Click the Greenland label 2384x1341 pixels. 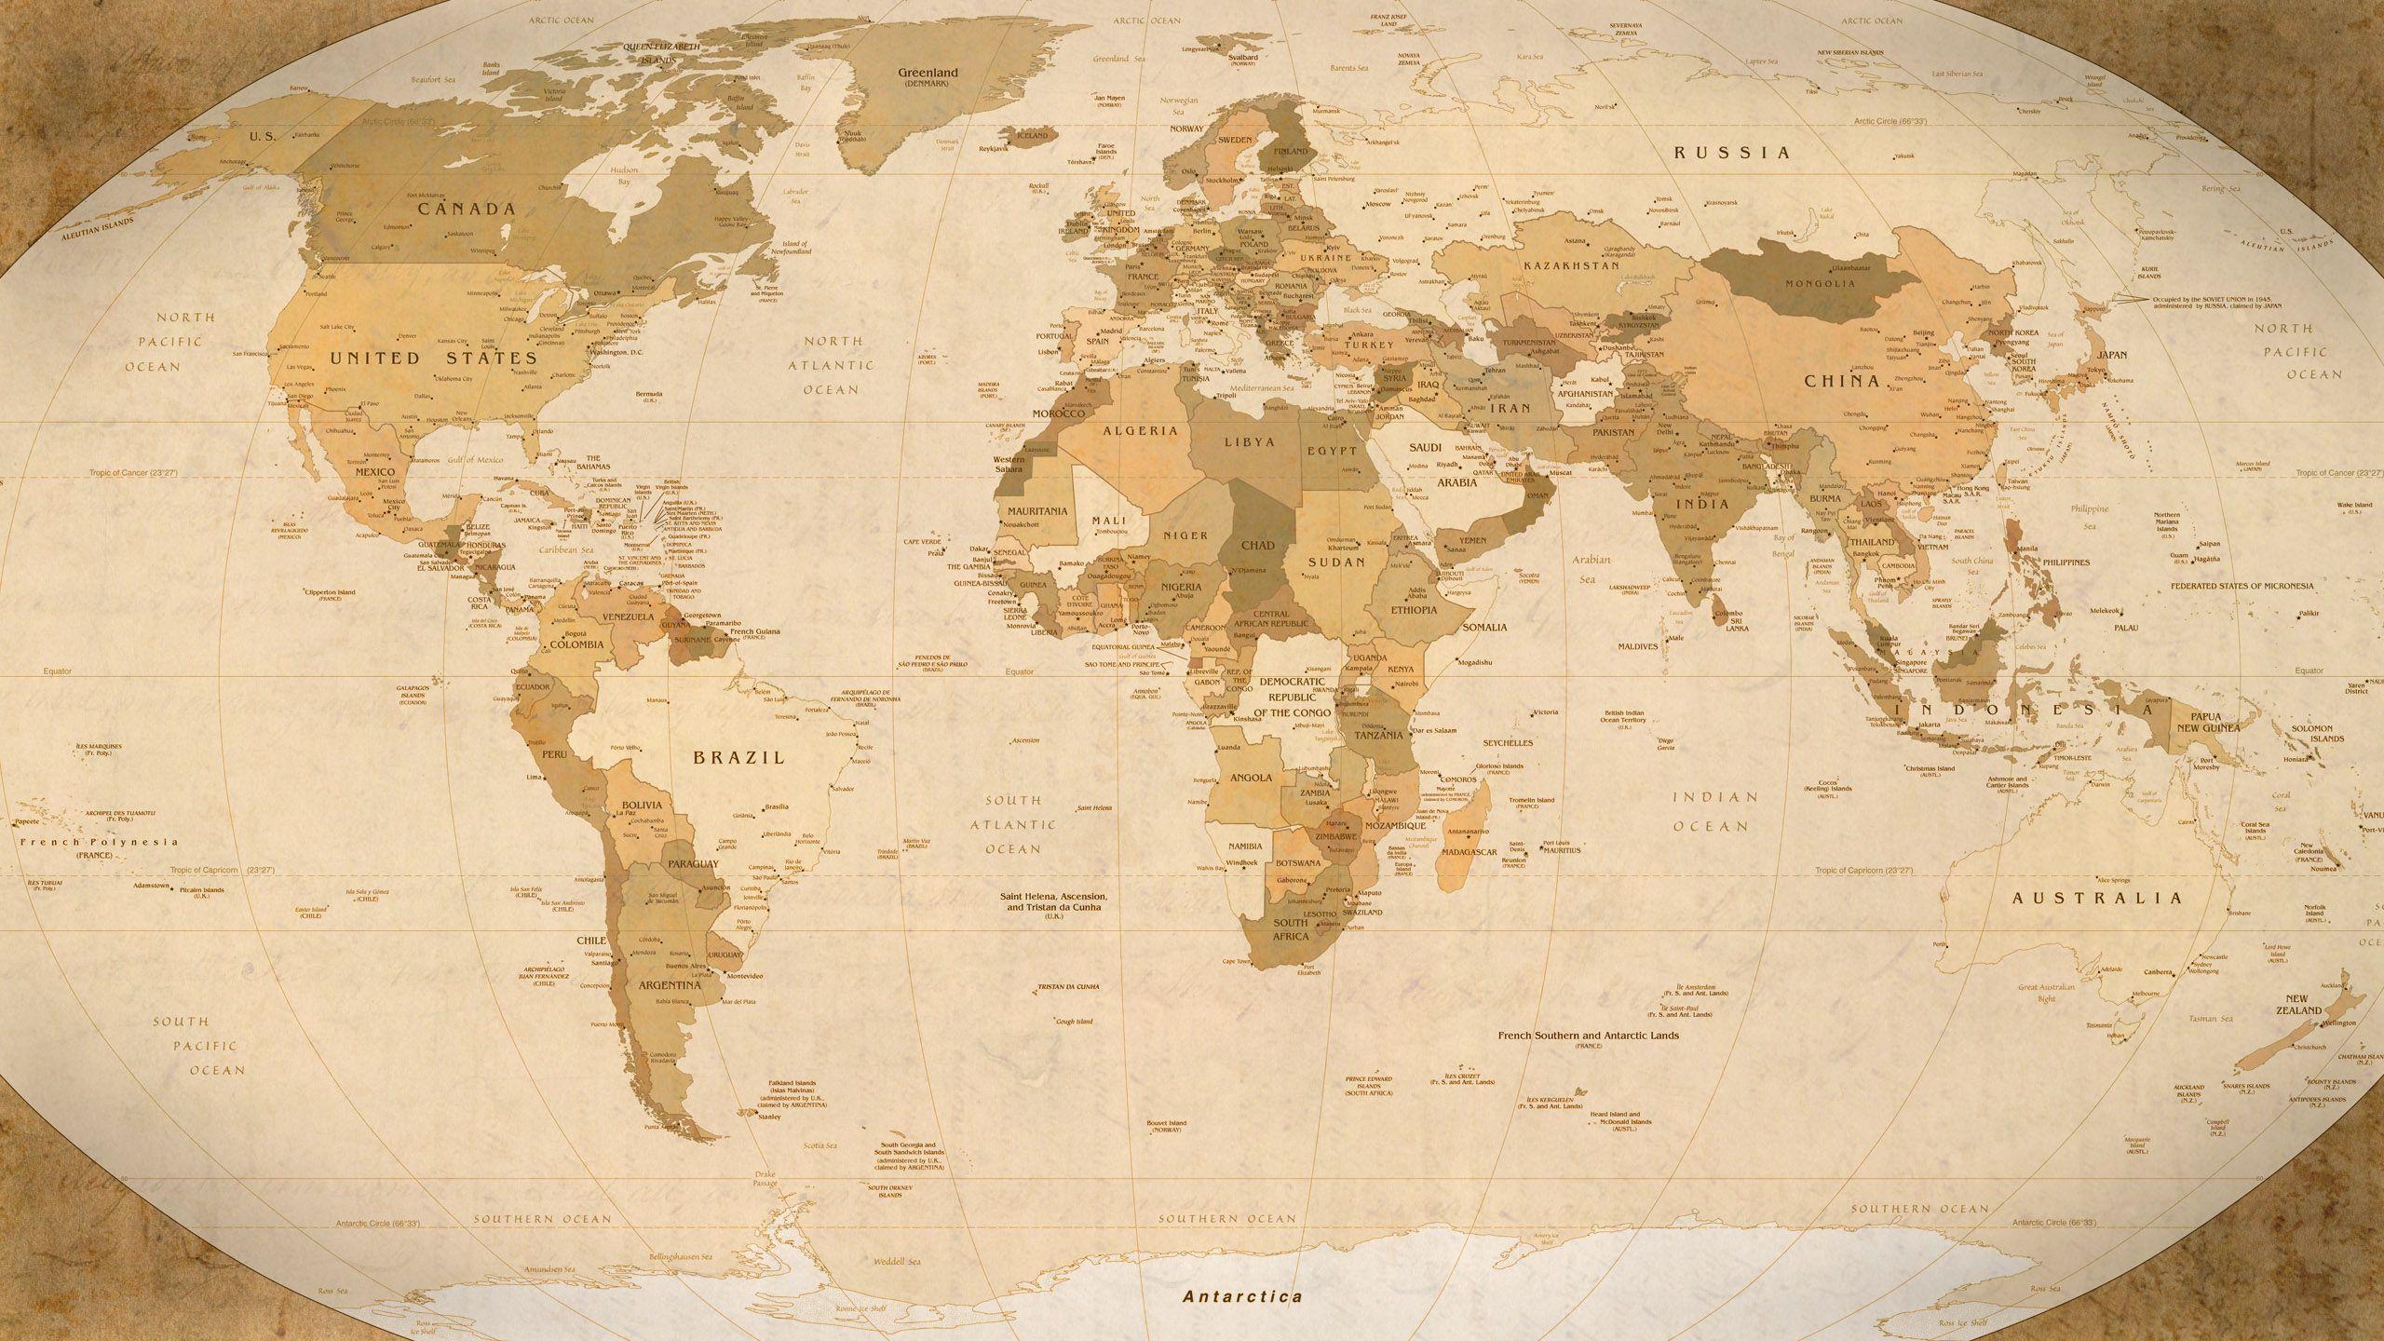[x=927, y=72]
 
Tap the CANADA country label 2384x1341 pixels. [x=466, y=209]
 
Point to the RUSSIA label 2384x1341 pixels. [x=1732, y=152]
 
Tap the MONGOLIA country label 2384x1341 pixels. [x=1813, y=283]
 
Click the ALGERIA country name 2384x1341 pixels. [x=1141, y=430]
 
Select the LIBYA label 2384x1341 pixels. [x=1250, y=442]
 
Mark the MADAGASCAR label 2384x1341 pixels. [x=1468, y=852]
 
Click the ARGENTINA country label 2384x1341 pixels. [x=669, y=984]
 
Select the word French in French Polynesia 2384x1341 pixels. [x=47, y=842]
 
